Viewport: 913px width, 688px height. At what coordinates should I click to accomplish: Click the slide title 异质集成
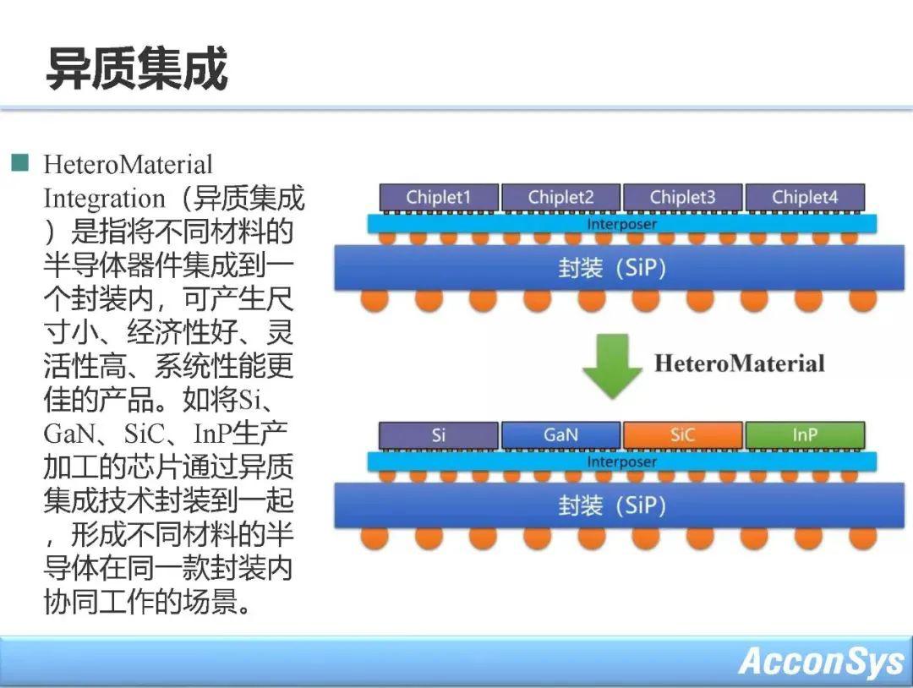[x=137, y=68]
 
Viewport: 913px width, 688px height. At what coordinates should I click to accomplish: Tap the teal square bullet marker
[x=19, y=162]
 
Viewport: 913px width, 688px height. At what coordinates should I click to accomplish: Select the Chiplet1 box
[x=439, y=197]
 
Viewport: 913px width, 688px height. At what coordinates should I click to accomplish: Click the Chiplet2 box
[x=560, y=197]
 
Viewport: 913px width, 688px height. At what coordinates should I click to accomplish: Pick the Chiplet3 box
[x=683, y=197]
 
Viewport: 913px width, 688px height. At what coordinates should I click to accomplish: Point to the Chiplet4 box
[x=806, y=197]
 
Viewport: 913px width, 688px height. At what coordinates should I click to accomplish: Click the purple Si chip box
[x=439, y=435]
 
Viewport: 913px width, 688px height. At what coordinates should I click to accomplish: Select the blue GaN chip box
[x=560, y=435]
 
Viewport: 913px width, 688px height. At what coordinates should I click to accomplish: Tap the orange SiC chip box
[x=683, y=435]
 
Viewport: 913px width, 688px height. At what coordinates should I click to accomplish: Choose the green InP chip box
[x=806, y=435]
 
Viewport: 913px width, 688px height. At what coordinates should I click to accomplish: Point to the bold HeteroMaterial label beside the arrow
[x=740, y=363]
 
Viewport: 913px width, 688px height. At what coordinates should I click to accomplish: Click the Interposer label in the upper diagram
[x=622, y=224]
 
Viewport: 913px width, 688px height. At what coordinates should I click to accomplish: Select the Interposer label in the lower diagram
[x=622, y=461]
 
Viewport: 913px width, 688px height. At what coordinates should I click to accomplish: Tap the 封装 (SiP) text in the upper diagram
[x=612, y=268]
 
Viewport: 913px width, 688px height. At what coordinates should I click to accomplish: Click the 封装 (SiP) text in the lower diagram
[x=612, y=505]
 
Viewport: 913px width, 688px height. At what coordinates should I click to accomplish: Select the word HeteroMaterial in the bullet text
[x=128, y=164]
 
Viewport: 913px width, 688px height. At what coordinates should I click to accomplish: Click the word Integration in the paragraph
[x=105, y=199]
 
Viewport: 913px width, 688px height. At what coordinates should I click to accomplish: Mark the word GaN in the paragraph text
[x=68, y=433]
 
